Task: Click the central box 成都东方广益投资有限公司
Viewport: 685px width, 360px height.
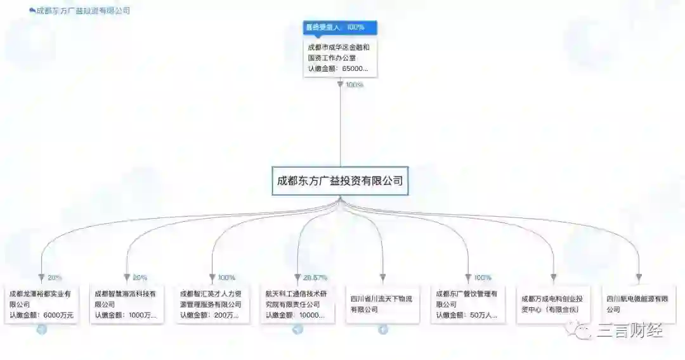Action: point(340,181)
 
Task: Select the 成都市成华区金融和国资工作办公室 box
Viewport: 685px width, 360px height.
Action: point(340,57)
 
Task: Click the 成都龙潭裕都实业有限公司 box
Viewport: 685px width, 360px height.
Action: point(42,304)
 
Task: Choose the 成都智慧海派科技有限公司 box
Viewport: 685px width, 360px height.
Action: point(127,304)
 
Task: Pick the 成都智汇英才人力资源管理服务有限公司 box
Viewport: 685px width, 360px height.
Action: point(212,304)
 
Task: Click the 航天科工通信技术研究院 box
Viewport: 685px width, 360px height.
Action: point(297,304)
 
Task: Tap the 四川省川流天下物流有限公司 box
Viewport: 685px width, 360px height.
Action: point(382,304)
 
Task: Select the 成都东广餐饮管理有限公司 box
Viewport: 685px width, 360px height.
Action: point(467,304)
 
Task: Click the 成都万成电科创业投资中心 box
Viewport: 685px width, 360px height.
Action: point(553,304)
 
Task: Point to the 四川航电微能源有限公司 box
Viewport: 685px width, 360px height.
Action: point(638,304)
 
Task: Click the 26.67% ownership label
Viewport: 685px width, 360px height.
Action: point(315,278)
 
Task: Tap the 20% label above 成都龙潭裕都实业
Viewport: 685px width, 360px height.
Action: point(55,278)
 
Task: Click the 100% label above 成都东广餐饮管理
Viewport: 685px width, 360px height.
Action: point(483,278)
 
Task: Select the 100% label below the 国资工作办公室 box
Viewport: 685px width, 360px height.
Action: point(354,84)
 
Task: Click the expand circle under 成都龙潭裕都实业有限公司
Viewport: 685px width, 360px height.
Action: point(42,330)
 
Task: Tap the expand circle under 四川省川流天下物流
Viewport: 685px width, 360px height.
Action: point(382,330)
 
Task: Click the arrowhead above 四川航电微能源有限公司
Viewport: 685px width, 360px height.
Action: point(639,278)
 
